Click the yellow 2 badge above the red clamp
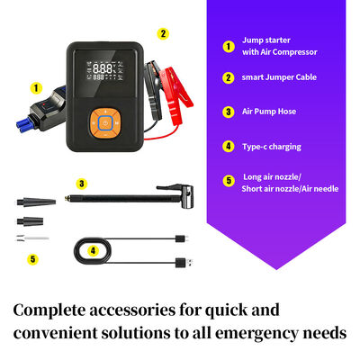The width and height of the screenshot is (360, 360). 163,34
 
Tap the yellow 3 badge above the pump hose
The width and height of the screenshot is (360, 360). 81,184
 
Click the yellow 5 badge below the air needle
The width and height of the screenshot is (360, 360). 32,258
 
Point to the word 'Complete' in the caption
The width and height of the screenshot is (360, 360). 53,310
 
